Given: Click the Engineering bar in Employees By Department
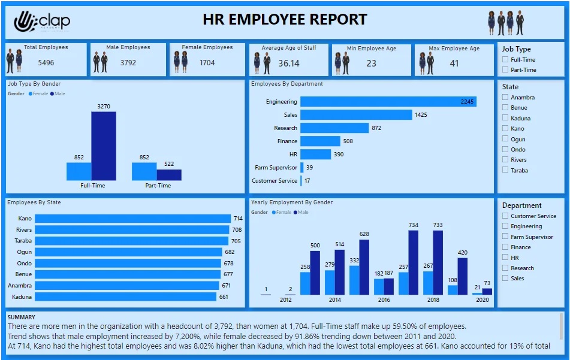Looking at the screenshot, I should [388, 102].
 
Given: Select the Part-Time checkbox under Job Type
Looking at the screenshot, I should [506, 70].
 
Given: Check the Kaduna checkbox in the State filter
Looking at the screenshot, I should [506, 118].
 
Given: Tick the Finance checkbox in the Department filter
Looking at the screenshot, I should [506, 247].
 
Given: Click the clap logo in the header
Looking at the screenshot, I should [41, 22].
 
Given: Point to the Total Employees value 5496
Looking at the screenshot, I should [46, 62].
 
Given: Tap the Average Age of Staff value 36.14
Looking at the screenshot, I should [289, 63].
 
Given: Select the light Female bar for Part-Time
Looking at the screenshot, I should [144, 171].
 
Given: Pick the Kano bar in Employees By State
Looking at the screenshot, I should [132, 219].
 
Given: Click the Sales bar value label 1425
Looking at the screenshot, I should [421, 114].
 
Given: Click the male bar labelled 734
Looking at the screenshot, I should [413, 262].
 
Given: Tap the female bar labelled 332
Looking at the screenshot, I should [354, 280].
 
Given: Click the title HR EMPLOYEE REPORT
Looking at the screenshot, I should [285, 20].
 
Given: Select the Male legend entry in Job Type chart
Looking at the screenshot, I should [59, 94].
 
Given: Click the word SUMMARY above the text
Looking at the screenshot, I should [22, 317].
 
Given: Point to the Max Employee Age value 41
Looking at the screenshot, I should [454, 63].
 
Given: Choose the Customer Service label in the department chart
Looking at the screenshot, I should [275, 181].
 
